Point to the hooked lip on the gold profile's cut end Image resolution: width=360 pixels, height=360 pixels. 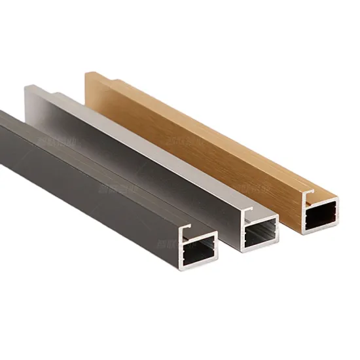click(308, 194)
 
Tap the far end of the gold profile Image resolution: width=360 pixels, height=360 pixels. click(92, 77)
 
